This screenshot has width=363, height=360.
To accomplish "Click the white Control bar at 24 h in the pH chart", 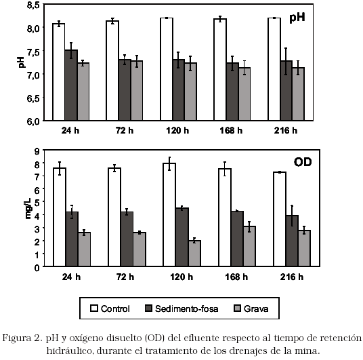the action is [58, 72].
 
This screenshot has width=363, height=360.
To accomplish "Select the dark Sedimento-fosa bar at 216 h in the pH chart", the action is [286, 91].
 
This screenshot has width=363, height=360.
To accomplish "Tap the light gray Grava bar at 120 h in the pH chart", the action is [190, 92].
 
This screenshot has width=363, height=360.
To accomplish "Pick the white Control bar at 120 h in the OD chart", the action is [169, 215].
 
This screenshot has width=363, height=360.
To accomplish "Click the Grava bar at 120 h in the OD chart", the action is [194, 254].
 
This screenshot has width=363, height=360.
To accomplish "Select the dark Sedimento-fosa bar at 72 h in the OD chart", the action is [127, 239].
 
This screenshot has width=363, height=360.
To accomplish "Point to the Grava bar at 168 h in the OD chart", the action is [249, 246].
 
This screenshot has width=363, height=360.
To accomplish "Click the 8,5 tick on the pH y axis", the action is [33, 5].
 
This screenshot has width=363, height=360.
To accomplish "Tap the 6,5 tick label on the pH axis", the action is [33, 98].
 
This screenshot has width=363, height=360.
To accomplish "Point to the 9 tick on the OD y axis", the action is [37, 151].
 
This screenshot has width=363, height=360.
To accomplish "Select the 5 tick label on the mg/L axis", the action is [37, 202].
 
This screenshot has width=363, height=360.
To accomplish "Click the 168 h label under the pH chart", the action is [231, 131].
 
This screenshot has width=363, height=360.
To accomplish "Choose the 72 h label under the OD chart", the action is [125, 277].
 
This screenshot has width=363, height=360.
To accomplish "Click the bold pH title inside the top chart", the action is [297, 18].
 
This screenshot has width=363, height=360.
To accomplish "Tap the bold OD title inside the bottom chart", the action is [303, 162].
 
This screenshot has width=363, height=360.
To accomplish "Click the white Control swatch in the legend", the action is [94, 308].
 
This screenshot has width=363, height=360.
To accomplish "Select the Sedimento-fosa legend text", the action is [187, 308].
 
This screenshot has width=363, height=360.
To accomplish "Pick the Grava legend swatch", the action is [237, 308].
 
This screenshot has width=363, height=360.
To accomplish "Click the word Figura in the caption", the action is [16, 339].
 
